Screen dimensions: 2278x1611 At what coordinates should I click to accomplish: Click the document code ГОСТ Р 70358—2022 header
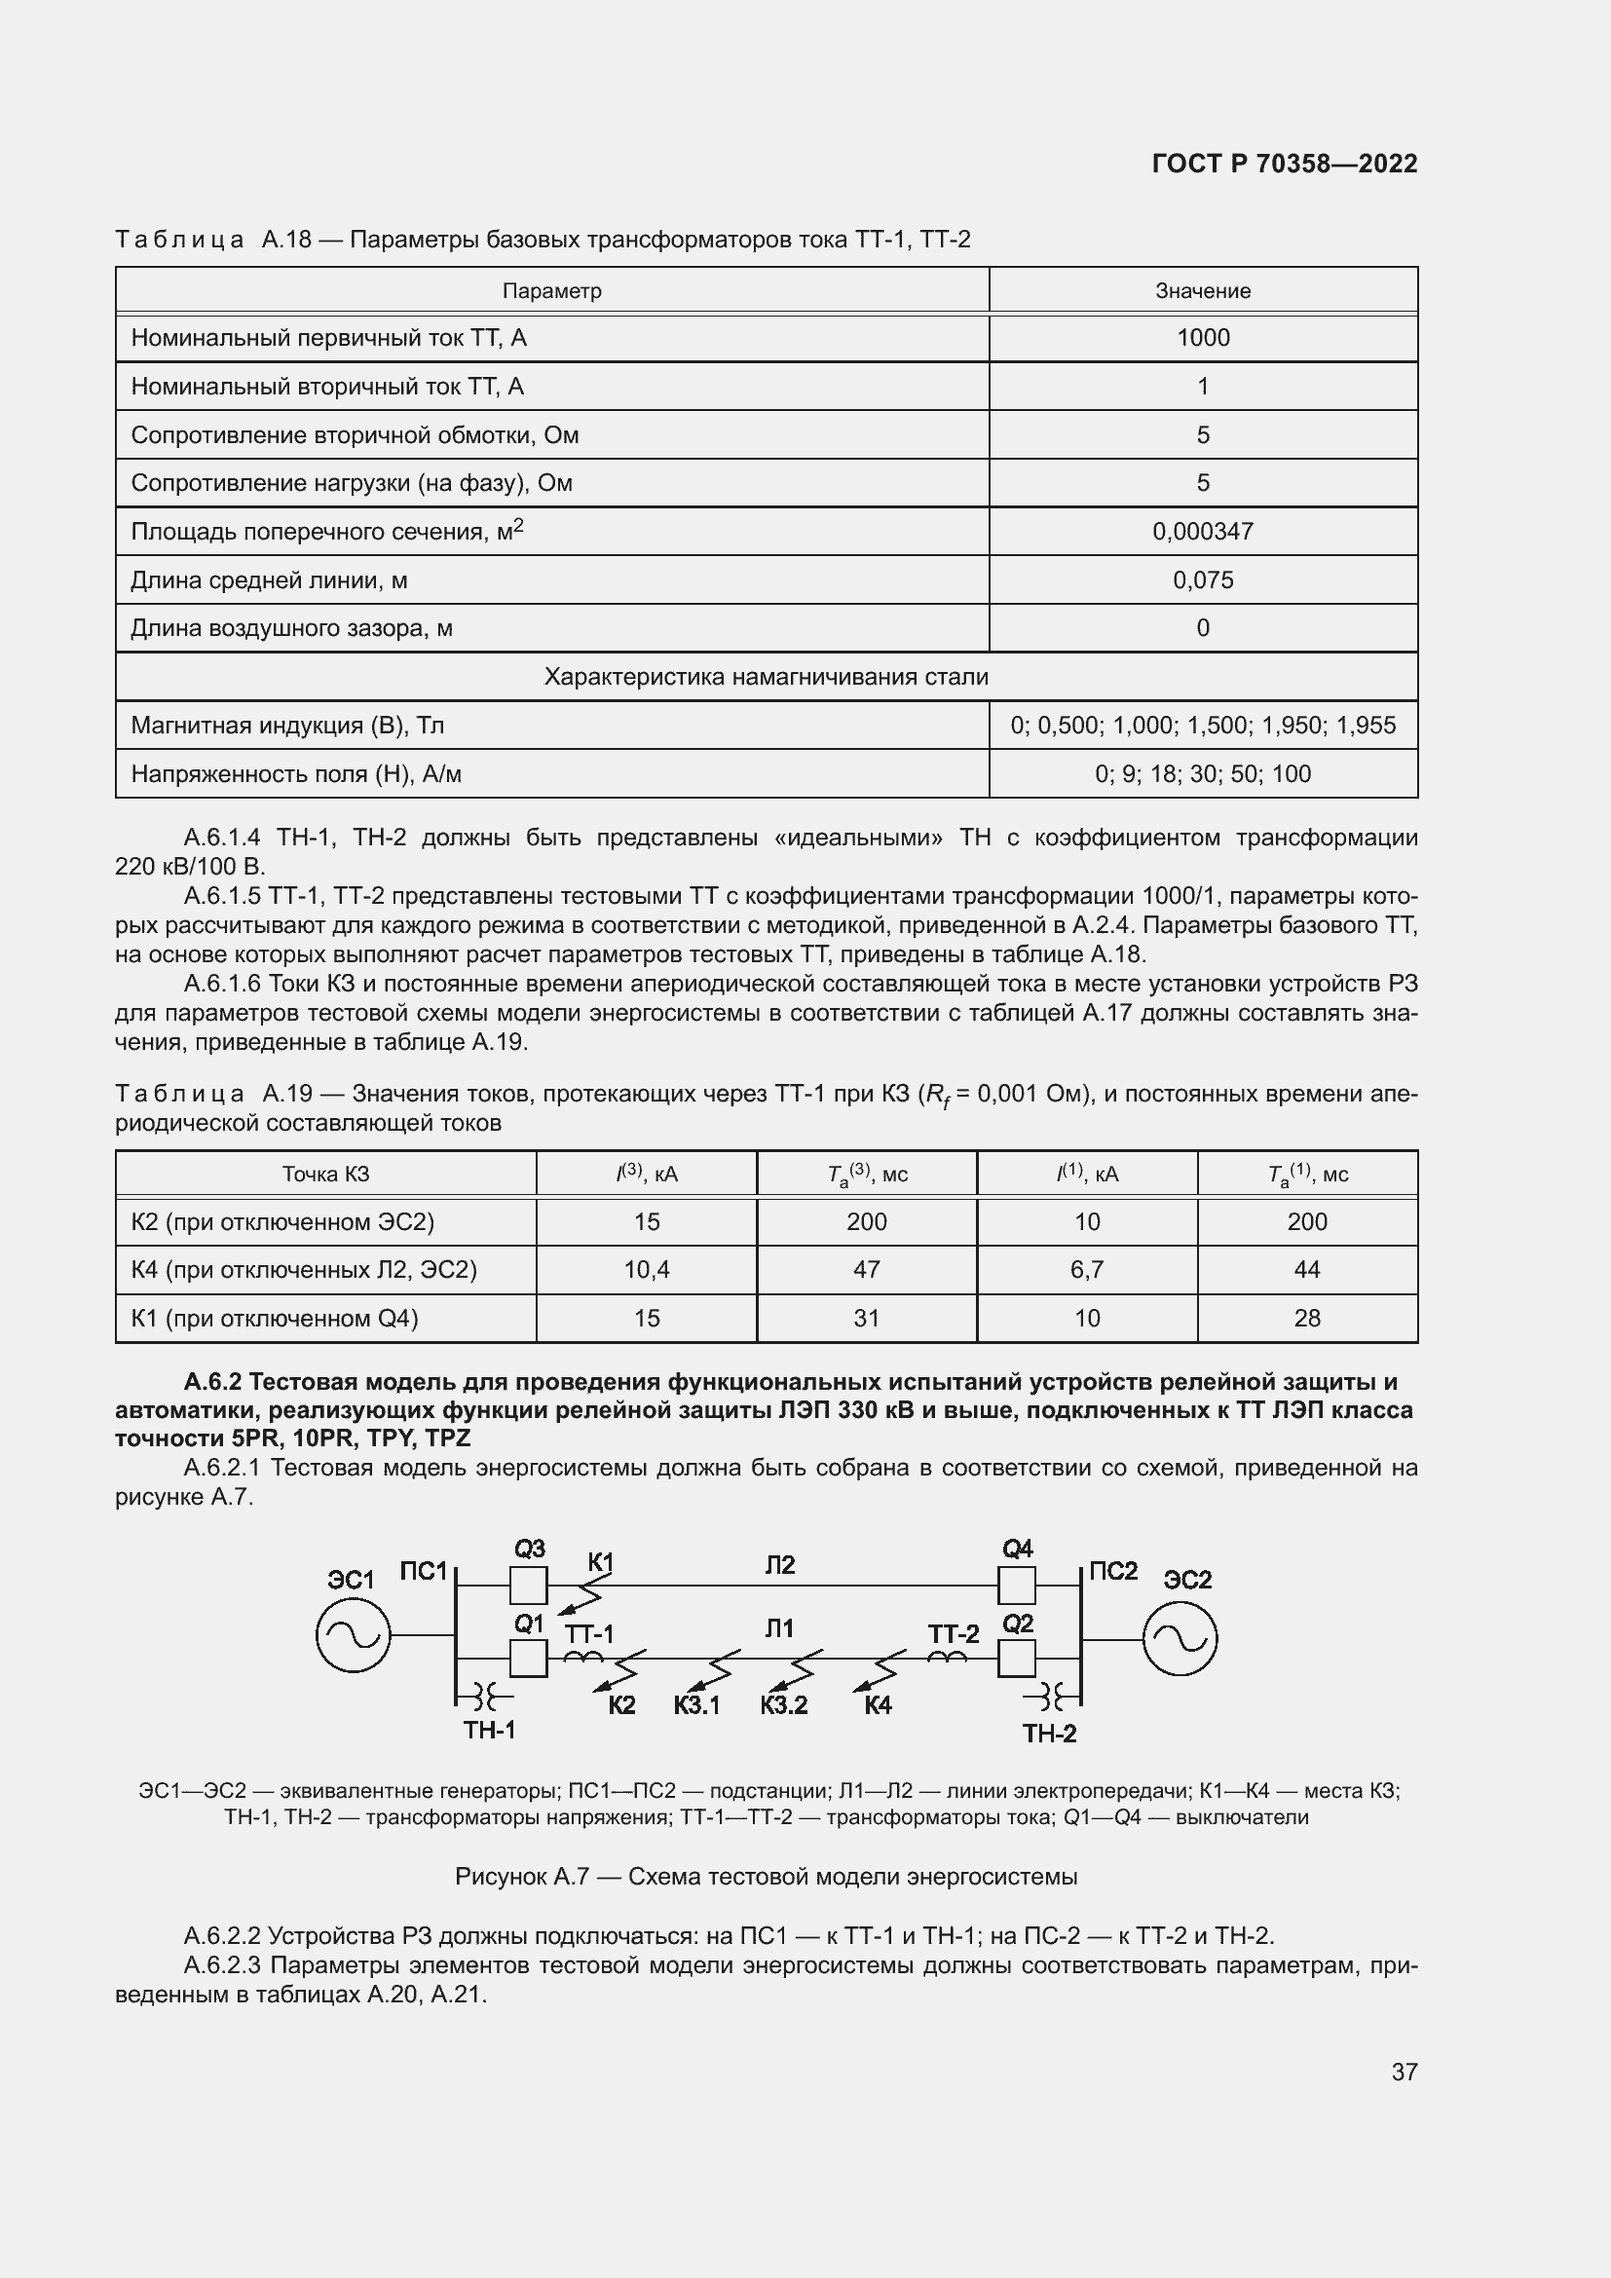1285,164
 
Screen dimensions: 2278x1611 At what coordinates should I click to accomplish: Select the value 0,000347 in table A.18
1202,532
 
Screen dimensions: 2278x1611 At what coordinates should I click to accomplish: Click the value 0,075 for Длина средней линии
1202,580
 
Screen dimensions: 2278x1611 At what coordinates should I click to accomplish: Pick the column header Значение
1202,290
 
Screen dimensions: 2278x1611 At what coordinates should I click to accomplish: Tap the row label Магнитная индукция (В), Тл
287,726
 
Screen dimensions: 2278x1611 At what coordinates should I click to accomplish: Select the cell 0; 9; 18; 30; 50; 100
1202,774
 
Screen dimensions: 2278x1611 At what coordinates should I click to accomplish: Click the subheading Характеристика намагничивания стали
766,677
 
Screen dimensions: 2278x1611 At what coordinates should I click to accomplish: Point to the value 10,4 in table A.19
646,1270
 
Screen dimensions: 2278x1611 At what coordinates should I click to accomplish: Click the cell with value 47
866,1270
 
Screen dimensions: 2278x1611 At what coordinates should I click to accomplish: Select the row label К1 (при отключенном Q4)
275,1319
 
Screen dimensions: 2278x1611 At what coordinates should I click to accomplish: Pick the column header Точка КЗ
325,1174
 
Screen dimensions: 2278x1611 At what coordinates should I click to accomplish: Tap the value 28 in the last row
1306,1319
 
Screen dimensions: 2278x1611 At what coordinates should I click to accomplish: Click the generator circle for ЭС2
1180,1640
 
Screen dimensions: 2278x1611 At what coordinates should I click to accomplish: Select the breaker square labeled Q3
528,1586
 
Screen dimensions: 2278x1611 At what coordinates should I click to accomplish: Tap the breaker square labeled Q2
1016,1658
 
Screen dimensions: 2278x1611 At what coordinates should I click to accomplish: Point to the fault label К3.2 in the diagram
784,1705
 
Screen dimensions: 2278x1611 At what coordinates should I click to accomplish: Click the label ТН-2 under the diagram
1049,1734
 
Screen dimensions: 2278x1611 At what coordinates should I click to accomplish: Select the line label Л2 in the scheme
780,1565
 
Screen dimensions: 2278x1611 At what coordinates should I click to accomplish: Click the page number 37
1404,2072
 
